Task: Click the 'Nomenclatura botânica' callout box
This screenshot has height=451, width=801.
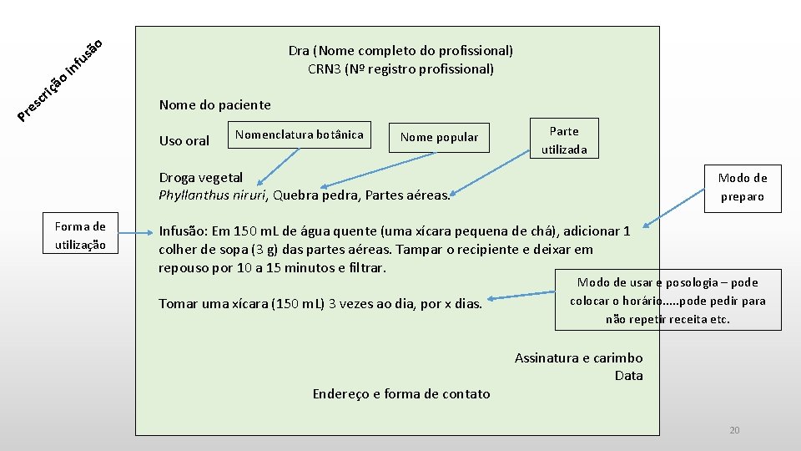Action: pyautogui.click(x=300, y=135)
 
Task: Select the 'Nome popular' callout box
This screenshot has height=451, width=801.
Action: pyautogui.click(x=439, y=138)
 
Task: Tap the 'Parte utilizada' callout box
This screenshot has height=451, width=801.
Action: pyautogui.click(x=564, y=139)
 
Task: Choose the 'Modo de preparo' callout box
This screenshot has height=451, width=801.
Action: pyautogui.click(x=742, y=187)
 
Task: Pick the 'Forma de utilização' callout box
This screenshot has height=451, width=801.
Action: pyautogui.click(x=80, y=236)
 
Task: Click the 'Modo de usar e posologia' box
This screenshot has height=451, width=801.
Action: pyautogui.click(x=667, y=300)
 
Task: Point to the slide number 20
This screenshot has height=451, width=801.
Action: pyautogui.click(x=734, y=430)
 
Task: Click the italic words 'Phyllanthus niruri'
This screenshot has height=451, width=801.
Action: pyautogui.click(x=212, y=195)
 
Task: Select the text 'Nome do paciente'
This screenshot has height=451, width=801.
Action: pyautogui.click(x=214, y=105)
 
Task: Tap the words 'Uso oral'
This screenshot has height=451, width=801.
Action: pyautogui.click(x=184, y=141)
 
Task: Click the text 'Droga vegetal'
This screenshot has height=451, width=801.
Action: pyautogui.click(x=201, y=177)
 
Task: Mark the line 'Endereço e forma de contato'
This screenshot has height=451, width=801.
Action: pyautogui.click(x=401, y=393)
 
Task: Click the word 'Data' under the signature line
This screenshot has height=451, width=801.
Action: pyautogui.click(x=628, y=376)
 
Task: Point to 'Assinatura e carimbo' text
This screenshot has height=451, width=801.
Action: pyautogui.click(x=578, y=358)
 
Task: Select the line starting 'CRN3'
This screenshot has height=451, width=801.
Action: pyautogui.click(x=400, y=69)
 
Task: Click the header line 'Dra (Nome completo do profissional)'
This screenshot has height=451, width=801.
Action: pyautogui.click(x=400, y=51)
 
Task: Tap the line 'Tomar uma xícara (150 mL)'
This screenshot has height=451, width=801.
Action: pyautogui.click(x=320, y=304)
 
